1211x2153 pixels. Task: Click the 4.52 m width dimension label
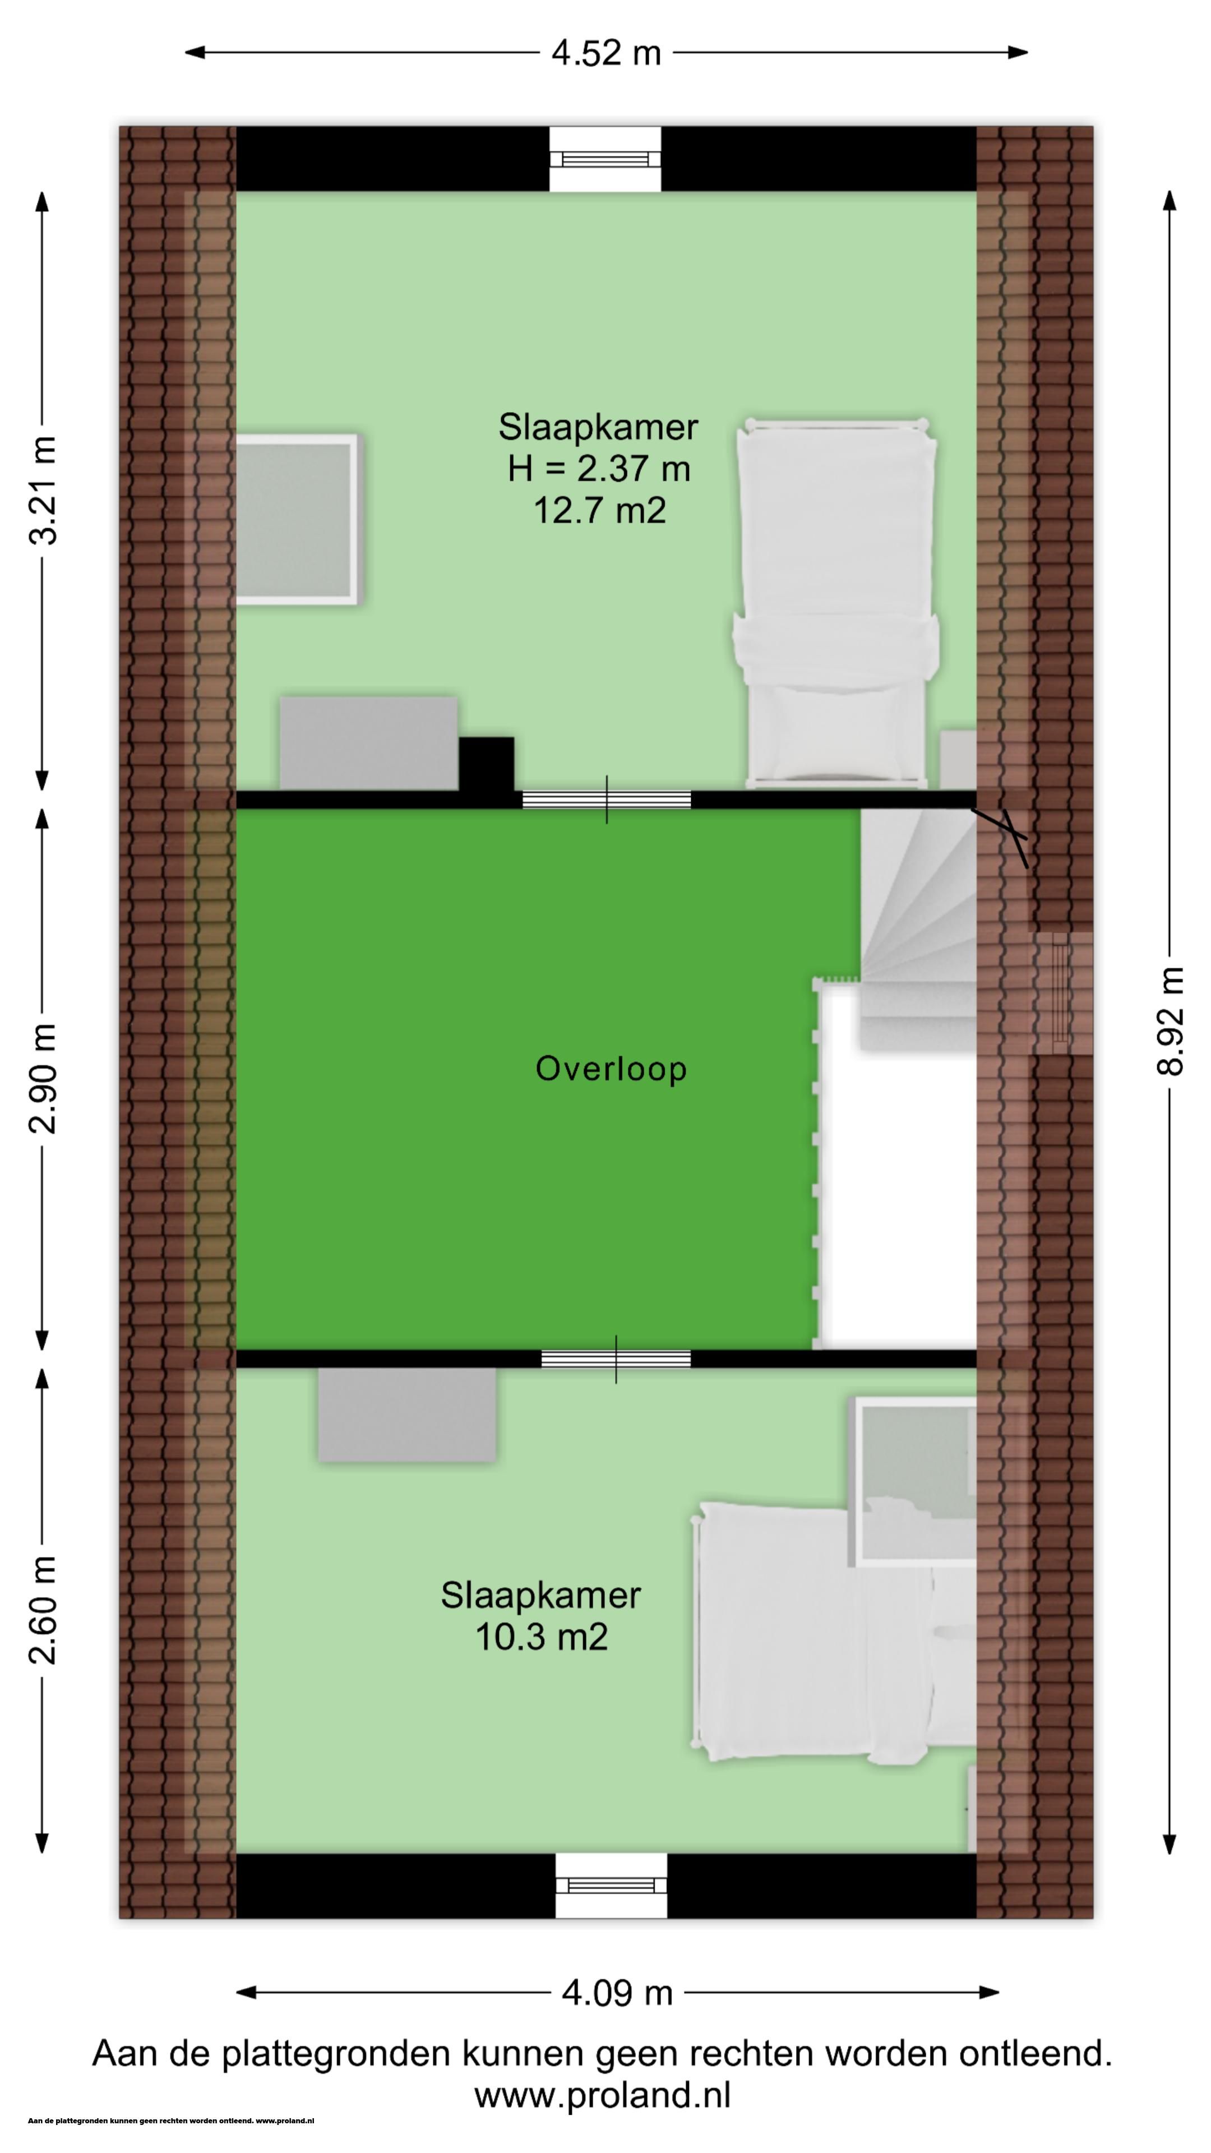point(606,53)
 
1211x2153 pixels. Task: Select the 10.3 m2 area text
point(540,1635)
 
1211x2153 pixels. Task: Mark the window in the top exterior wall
point(605,159)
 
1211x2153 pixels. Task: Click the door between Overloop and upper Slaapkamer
point(607,799)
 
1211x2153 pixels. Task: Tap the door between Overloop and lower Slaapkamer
point(616,1358)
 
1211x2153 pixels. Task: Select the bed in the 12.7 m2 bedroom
point(836,603)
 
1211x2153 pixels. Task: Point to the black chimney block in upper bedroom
point(487,763)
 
